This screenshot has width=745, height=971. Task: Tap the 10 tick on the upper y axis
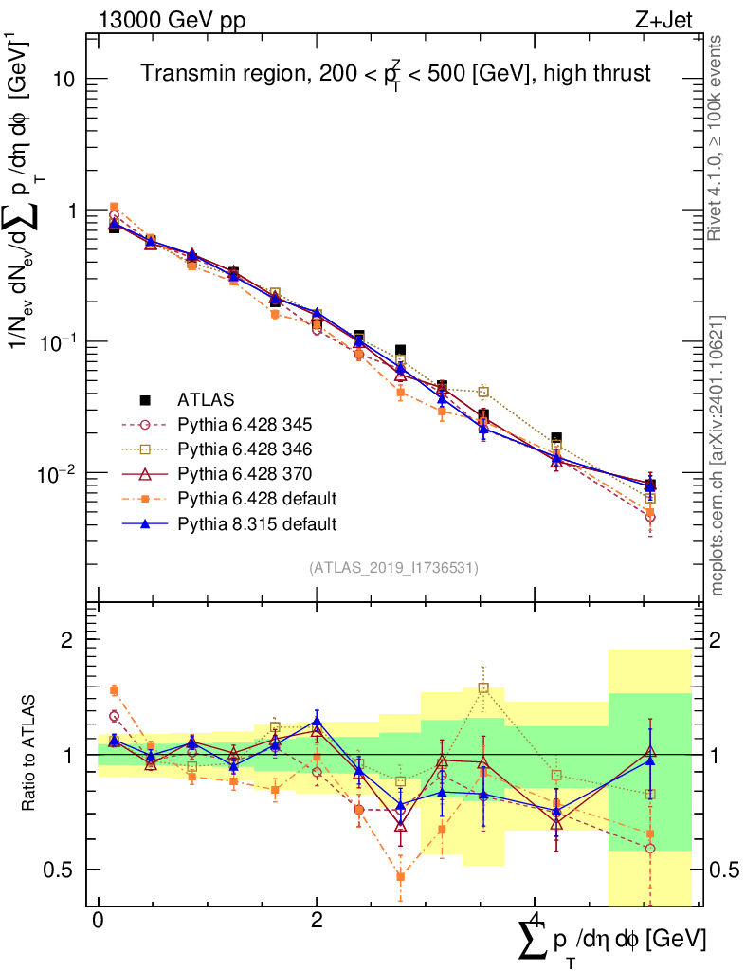(63, 79)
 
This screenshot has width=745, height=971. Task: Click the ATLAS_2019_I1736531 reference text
(393, 568)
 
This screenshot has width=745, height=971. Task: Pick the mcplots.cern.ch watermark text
(718, 455)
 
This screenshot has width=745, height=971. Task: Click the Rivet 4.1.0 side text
(718, 137)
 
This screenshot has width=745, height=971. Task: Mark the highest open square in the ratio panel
(483, 688)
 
